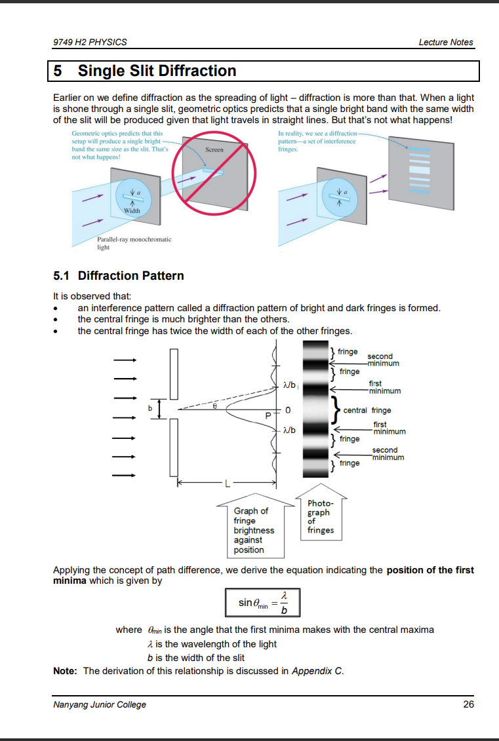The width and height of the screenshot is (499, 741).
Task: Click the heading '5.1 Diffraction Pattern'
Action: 118,276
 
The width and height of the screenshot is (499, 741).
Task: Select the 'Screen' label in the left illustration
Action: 214,150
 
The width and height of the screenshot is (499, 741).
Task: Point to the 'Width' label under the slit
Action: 132,211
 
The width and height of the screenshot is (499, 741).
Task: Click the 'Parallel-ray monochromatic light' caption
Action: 134,243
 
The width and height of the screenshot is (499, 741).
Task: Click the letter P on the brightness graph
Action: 268,415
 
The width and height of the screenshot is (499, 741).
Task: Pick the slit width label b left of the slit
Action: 150,408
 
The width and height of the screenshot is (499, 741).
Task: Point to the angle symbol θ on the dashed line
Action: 214,406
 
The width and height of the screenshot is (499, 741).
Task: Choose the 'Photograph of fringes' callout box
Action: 320,517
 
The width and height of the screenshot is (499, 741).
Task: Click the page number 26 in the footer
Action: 468,704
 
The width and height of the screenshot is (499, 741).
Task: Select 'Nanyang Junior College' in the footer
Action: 99,704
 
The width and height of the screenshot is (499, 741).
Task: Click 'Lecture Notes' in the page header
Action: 445,42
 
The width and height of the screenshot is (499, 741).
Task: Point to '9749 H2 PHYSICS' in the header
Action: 90,42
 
